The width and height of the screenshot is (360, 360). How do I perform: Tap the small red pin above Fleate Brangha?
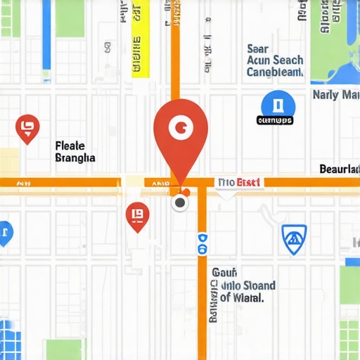27,127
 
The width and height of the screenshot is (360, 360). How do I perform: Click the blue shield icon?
294,239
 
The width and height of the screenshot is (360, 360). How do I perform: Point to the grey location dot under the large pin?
181,203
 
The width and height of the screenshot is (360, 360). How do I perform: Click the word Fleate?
70,146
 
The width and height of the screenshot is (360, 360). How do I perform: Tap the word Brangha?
75,158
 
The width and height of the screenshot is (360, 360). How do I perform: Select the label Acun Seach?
275,61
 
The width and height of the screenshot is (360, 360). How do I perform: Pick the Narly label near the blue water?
326,94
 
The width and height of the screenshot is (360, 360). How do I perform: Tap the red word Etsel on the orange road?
249,183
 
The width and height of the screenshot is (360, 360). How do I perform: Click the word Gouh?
225,273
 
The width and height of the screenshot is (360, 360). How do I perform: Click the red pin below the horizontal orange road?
137,216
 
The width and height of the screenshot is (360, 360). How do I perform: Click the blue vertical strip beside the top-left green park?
46,35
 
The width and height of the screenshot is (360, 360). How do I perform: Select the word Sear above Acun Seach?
258,49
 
